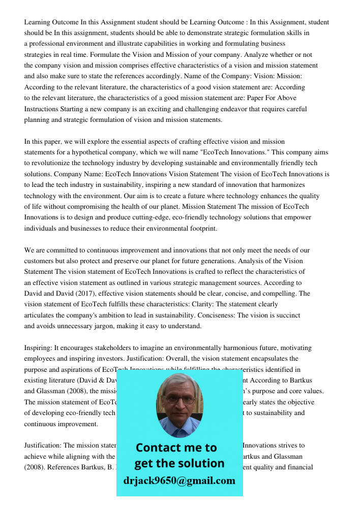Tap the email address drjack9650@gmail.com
tap(179, 481)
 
